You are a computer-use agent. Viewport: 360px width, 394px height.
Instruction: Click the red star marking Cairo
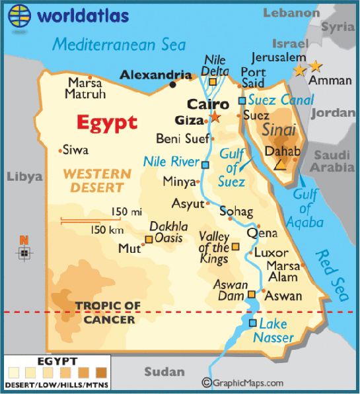[x=215, y=117]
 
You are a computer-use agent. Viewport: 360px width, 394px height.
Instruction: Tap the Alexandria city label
[x=151, y=75]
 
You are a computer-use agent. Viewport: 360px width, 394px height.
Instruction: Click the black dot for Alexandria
[x=173, y=84]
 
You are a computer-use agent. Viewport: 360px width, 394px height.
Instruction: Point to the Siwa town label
[x=75, y=150]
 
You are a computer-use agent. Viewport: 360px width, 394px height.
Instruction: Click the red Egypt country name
[x=107, y=123]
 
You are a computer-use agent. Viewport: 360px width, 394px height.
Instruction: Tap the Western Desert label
[x=97, y=181]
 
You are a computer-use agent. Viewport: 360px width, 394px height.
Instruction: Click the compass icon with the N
[x=24, y=252]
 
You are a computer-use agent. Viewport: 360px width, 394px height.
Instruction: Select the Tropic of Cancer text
[x=108, y=312]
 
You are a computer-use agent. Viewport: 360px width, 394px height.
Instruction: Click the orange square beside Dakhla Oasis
[x=149, y=240]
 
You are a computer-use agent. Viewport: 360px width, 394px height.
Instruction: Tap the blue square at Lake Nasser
[x=253, y=323]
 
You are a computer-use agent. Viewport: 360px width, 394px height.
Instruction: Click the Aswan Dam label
[x=230, y=290]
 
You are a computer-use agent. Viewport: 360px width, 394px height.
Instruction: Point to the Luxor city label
[x=271, y=253]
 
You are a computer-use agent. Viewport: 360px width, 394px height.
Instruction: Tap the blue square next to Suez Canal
[x=242, y=100]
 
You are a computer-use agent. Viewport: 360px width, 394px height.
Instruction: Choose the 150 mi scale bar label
[x=126, y=212]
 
